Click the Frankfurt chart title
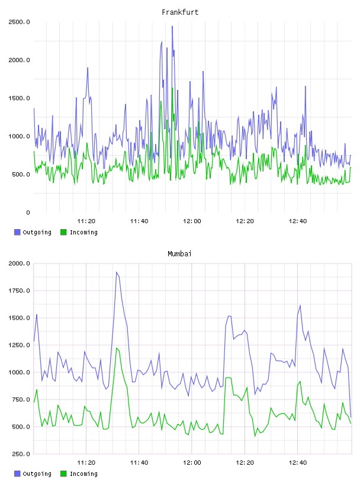180,12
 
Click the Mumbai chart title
179,254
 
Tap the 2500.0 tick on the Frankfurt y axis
19,22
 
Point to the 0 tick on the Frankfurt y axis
28,212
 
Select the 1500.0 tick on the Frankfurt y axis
19,98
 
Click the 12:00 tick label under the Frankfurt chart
192,221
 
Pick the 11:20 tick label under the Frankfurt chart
86,221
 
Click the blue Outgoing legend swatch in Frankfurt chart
17,232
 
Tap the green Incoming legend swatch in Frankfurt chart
63,232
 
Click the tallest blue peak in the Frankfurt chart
172,27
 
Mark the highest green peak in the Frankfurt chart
172,88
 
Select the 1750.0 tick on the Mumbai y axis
19,291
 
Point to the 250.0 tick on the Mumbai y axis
21,454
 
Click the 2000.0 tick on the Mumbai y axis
19,263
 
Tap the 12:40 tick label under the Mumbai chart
298,463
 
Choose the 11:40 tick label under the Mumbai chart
139,463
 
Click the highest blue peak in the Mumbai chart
117,272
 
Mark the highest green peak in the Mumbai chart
117,349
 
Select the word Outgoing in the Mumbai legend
37,474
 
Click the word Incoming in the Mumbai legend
83,474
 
